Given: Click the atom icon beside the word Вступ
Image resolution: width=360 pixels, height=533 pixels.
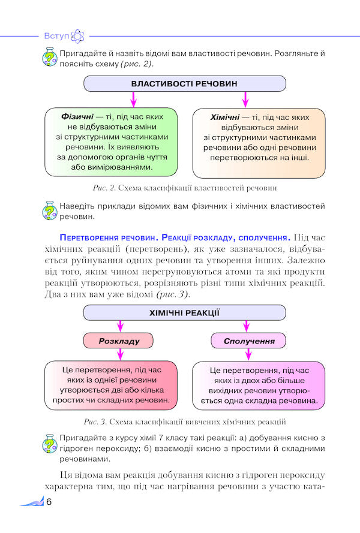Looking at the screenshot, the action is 77,36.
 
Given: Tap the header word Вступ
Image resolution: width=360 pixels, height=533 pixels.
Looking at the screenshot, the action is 56,36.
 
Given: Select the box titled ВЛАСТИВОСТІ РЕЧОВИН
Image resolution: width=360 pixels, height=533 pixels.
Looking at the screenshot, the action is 185,83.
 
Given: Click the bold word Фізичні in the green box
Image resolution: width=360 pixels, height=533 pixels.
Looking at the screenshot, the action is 77,116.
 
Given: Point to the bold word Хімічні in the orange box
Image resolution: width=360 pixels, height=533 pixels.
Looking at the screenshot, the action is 225,118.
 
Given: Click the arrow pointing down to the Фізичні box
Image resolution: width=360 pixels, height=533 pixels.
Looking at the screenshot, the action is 133,100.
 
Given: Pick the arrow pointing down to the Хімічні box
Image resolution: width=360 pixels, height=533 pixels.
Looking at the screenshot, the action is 245,100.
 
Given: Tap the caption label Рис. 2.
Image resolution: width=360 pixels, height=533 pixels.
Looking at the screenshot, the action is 104,188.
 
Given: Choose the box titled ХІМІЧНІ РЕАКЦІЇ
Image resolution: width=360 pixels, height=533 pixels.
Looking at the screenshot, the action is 184,313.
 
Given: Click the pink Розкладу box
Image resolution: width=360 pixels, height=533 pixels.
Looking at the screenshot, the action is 118,341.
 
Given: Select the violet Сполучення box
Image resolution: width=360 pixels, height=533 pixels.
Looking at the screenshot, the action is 248,341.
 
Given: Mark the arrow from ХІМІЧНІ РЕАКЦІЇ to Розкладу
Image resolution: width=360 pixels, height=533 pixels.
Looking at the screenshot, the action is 120,326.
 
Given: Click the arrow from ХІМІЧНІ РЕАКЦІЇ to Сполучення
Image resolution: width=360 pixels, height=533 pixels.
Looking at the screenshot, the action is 247,326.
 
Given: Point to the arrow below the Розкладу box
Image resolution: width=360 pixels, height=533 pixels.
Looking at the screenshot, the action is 120,354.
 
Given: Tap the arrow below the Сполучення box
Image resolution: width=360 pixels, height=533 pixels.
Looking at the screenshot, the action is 248,354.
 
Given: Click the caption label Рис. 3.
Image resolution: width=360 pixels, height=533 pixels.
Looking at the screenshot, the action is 95,422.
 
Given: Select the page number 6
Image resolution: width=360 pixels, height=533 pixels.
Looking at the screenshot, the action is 49,502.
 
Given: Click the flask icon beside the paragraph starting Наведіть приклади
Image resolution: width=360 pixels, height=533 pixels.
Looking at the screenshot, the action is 50,210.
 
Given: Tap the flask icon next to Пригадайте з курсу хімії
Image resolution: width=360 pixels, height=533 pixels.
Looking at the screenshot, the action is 50,443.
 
